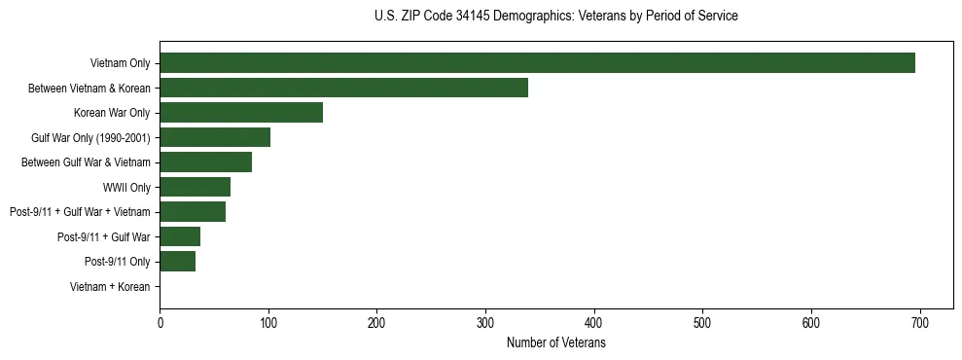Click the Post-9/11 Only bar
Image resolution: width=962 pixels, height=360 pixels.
click(x=177, y=262)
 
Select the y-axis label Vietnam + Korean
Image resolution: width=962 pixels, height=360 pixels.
click(x=110, y=287)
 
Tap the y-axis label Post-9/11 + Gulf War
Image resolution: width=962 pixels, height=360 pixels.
click(x=103, y=237)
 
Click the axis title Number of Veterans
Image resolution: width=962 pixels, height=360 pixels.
click(x=555, y=343)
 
